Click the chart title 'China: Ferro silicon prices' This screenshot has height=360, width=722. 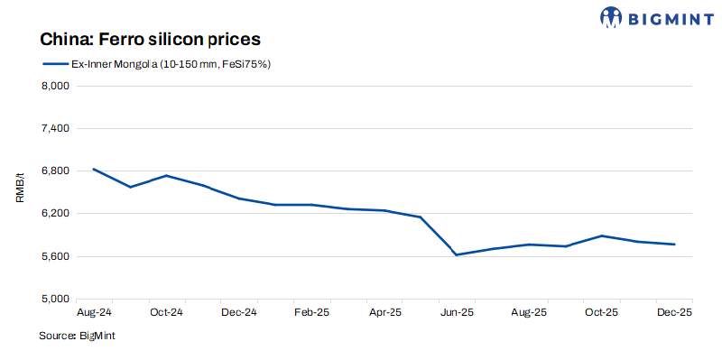pyautogui.click(x=150, y=40)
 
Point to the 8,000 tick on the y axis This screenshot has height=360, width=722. pyautogui.click(x=56, y=87)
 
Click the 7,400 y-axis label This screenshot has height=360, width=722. pyautogui.click(x=56, y=129)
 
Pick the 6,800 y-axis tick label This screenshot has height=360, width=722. pyautogui.click(x=56, y=171)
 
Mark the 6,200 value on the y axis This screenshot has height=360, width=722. pyautogui.click(x=56, y=214)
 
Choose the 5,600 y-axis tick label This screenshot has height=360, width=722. pyautogui.click(x=56, y=256)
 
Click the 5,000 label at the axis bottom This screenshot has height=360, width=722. pyautogui.click(x=56, y=299)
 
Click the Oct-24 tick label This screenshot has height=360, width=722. pyautogui.click(x=166, y=312)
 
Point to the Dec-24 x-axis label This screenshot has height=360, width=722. pyautogui.click(x=239, y=312)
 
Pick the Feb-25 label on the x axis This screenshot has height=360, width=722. pyautogui.click(x=312, y=312)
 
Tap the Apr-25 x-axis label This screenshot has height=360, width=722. pyautogui.click(x=385, y=312)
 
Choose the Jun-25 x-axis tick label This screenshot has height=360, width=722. pyautogui.click(x=457, y=312)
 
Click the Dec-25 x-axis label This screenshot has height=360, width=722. pyautogui.click(x=673, y=312)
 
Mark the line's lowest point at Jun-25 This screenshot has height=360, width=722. pyautogui.click(x=457, y=254)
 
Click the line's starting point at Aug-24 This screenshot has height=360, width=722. pyautogui.click(x=94, y=170)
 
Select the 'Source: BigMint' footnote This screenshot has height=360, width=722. pyautogui.click(x=77, y=336)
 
